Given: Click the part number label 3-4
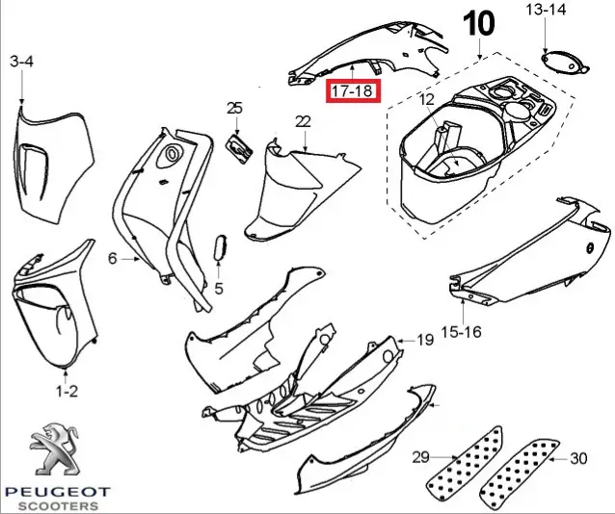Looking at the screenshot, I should click(21, 62).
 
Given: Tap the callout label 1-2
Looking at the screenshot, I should click(66, 391).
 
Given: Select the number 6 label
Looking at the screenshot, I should click(112, 258).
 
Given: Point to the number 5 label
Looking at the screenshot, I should click(219, 288).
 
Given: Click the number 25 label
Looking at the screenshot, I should click(234, 108).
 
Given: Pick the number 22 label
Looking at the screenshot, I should click(303, 121).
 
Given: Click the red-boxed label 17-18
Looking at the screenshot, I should click(354, 90).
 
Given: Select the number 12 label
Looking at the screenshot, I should click(427, 99).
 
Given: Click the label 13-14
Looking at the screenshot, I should click(546, 11).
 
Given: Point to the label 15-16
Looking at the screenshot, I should click(461, 332).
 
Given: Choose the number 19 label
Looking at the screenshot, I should click(425, 341).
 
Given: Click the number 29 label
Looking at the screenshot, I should click(419, 455).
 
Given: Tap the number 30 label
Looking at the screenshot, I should click(579, 458).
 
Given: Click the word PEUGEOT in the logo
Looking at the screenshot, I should click(59, 491).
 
